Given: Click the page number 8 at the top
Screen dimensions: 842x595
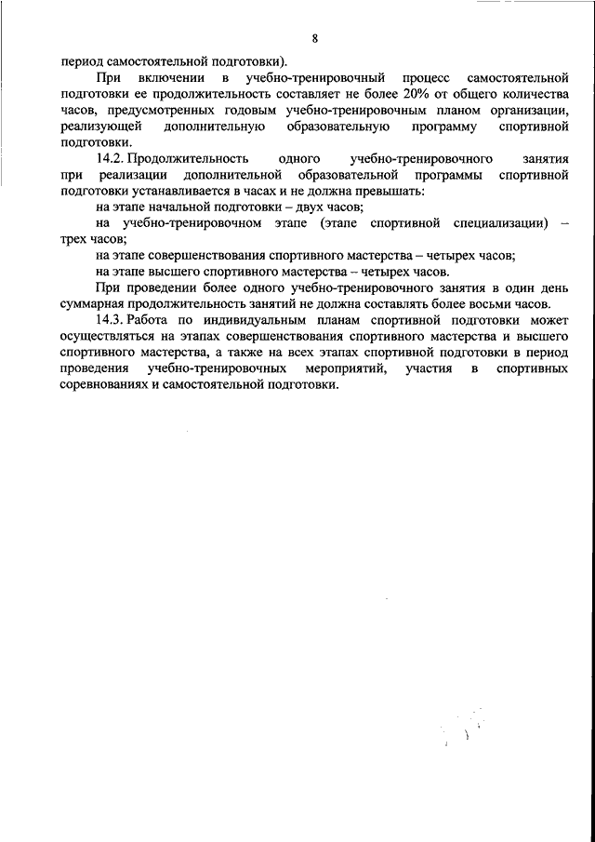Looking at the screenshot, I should (x=315, y=38).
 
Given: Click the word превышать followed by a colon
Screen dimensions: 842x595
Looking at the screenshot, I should (x=390, y=191).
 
